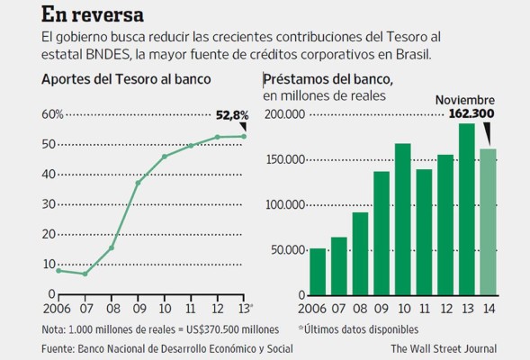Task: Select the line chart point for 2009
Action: [x=139, y=183]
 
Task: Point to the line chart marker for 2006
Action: [x=58, y=270]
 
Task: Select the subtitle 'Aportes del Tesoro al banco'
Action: [x=126, y=79]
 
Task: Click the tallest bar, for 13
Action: [x=466, y=208]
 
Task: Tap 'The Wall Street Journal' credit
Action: [x=443, y=347]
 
